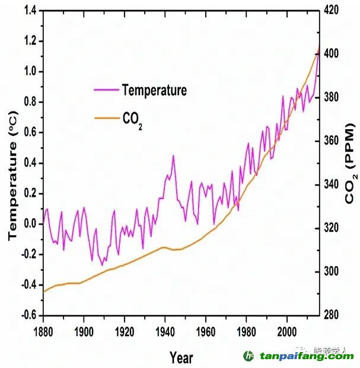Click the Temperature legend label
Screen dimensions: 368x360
pos(154,91)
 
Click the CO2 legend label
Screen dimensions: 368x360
pos(132,120)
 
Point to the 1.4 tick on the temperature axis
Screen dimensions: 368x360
pos(28,11)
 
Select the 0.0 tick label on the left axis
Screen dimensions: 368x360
pos(28,224)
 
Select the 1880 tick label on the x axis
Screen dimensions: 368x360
pos(43,330)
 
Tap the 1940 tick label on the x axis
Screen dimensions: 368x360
pos(165,330)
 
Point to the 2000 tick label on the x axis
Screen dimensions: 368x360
pos(286,330)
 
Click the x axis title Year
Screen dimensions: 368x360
pos(180,357)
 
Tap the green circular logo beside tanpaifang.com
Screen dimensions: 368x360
pos(249,356)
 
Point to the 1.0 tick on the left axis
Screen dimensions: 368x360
pos(28,72)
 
